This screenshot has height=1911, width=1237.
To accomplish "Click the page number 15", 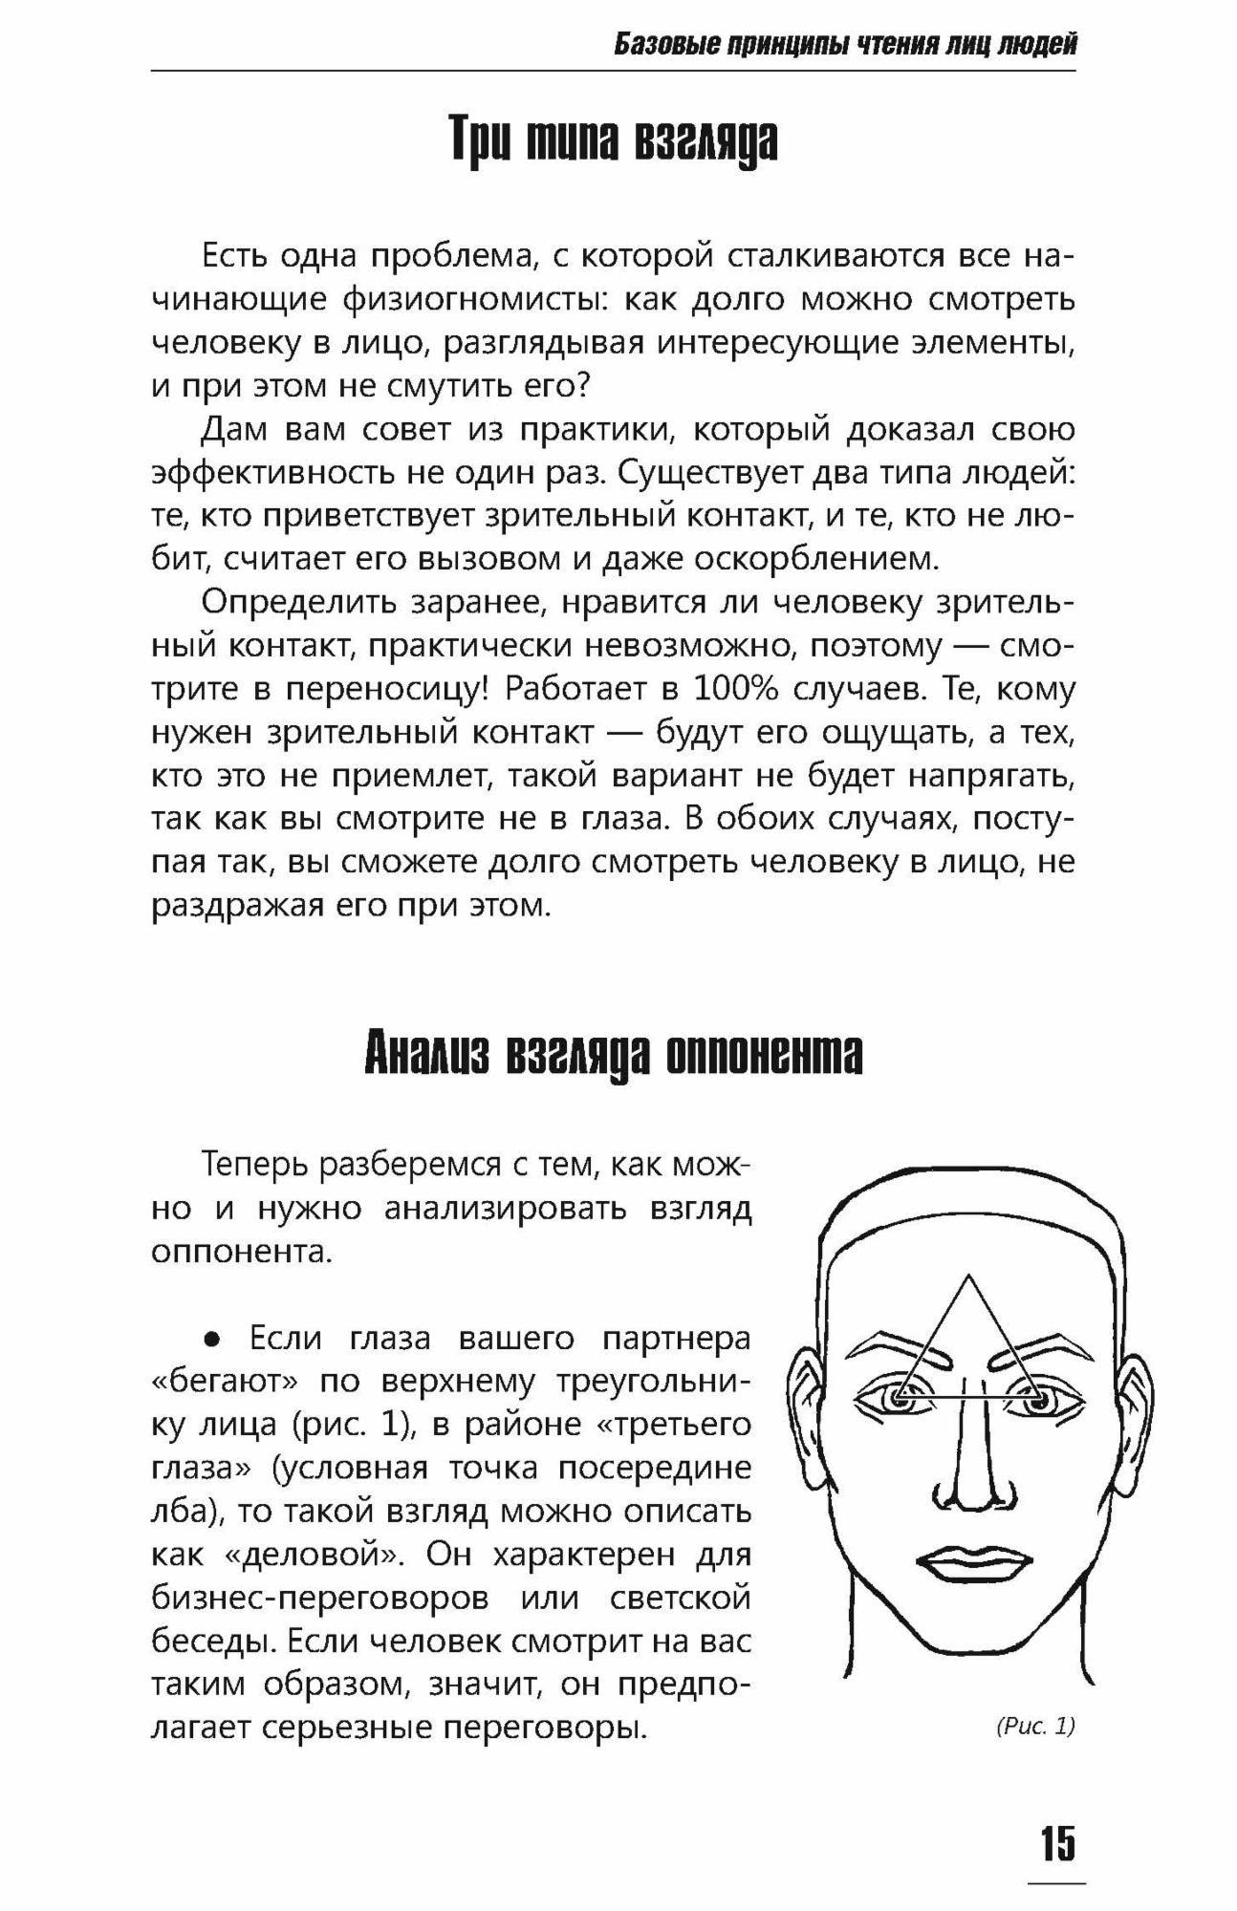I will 1057,1843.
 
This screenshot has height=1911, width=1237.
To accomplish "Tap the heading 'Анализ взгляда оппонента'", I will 613,1055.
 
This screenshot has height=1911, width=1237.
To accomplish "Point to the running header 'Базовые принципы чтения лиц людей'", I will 845,45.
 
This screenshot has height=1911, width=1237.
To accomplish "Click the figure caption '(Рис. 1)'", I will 1035,1726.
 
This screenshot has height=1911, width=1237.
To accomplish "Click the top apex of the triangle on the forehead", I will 968,1275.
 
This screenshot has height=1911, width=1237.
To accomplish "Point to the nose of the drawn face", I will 966,1471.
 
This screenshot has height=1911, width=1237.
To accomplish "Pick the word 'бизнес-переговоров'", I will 320,1599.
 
